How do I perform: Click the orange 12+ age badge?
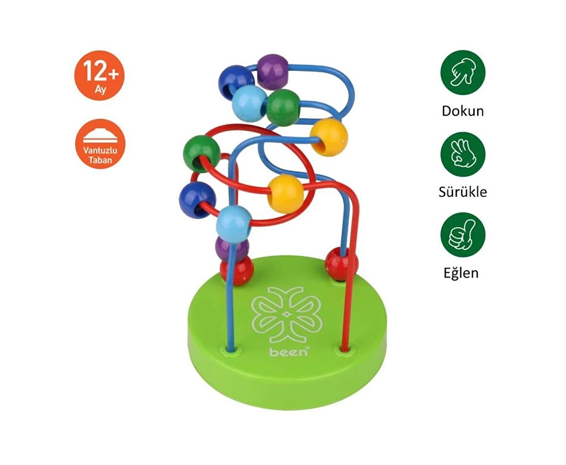pyautogui.click(x=99, y=75)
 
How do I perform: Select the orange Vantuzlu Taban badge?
pyautogui.click(x=100, y=144)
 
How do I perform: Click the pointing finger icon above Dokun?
pyautogui.click(x=463, y=72)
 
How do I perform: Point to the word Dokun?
pyautogui.click(x=463, y=111)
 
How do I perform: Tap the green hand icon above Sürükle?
pyautogui.click(x=463, y=154)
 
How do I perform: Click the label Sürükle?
pyautogui.click(x=463, y=192)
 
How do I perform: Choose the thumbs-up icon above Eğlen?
pyautogui.click(x=463, y=235)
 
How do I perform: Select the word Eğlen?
pyautogui.click(x=460, y=273)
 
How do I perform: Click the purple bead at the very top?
pyautogui.click(x=272, y=70)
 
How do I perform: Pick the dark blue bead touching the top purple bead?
pyautogui.click(x=236, y=81)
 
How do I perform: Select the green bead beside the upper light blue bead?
pyautogui.click(x=283, y=107)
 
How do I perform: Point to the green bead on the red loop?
pyautogui.click(x=201, y=153)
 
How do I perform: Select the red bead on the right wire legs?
pyautogui.click(x=341, y=264)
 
